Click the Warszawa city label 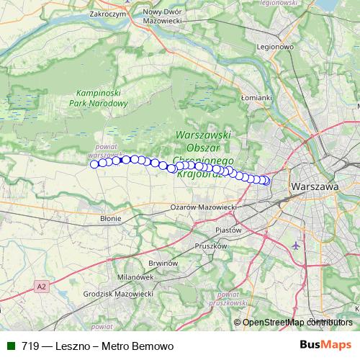pos(315,186)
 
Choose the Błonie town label pos(111,217)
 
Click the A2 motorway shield pos(42,287)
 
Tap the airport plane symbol pos(296,246)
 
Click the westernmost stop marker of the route pos(94,164)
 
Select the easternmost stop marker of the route pos(266,181)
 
